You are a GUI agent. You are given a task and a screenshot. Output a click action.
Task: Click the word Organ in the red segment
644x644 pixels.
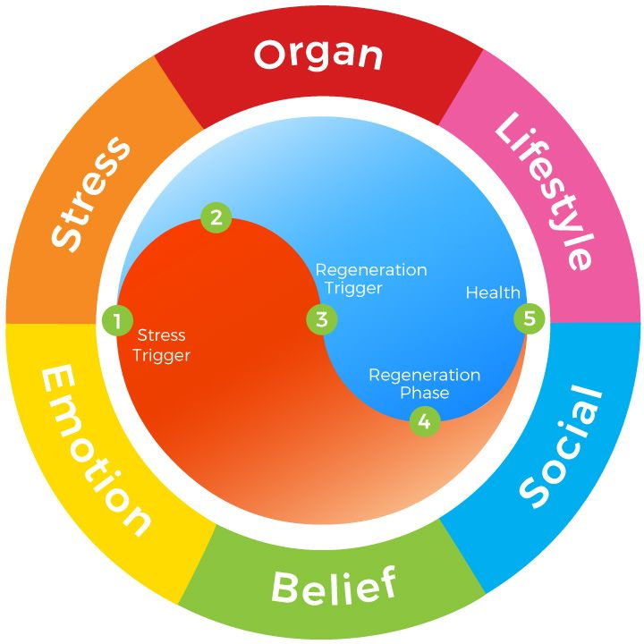click(318, 55)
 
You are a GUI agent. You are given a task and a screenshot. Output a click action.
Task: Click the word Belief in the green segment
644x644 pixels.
click(333, 586)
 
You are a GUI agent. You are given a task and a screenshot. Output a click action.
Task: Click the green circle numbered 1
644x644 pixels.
click(116, 319)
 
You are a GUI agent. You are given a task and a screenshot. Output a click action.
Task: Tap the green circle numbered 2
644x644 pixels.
click(216, 216)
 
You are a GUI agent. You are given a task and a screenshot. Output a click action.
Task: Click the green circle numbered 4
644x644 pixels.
click(424, 421)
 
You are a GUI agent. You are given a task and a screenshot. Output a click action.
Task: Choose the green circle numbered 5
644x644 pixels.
click(529, 318)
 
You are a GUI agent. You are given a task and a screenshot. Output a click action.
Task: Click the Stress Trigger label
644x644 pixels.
click(161, 345)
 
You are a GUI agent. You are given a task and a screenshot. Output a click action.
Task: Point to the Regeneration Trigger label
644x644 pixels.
click(370, 279)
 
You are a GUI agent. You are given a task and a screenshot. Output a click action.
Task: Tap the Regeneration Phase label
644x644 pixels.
click(424, 384)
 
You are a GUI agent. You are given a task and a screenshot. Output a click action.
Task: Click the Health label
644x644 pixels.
click(493, 292)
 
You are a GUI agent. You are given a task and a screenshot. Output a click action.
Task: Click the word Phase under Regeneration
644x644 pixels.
click(424, 393)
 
